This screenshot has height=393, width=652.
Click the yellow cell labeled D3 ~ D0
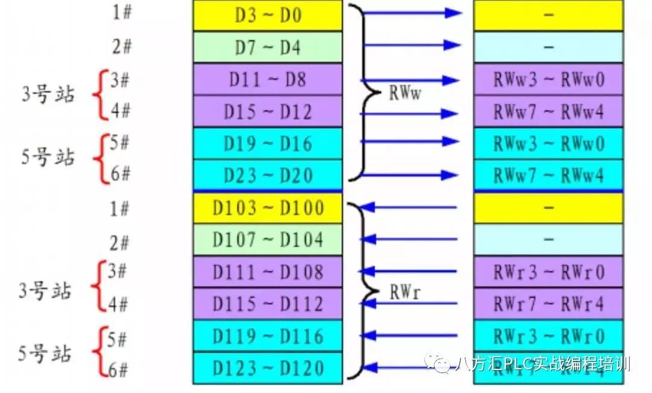coord(267,16)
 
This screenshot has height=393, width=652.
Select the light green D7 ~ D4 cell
coord(267,48)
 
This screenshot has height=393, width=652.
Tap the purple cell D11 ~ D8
coord(267,80)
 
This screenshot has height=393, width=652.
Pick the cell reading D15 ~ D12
coord(267,112)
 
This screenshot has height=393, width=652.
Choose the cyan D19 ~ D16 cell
coord(267,144)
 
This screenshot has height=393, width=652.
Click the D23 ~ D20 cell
coord(267,176)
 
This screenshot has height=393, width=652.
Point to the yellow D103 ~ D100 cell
coord(267,209)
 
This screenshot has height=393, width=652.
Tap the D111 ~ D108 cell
coord(267,272)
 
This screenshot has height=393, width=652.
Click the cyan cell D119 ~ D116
coord(267,336)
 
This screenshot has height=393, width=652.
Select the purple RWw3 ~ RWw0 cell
coord(548,80)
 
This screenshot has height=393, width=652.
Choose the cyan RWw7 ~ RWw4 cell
coord(548,176)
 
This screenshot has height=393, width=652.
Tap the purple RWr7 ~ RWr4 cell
coord(548,304)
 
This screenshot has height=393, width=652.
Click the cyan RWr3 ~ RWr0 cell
coord(548,336)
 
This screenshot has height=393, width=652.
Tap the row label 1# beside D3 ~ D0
coord(121,13)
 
